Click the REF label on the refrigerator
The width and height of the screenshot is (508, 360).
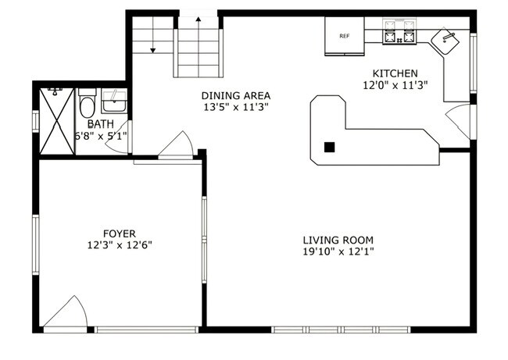coord(345,36)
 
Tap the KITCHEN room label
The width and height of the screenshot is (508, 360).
coord(395,73)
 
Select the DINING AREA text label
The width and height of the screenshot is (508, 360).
coord(236,96)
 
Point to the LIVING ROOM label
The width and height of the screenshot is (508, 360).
coord(338,241)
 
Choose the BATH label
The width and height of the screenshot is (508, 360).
coord(101,124)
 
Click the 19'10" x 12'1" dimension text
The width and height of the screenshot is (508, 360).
coord(338,251)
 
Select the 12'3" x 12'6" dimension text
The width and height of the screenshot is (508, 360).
coord(120,245)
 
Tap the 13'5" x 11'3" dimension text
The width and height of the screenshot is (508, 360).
coord(236,107)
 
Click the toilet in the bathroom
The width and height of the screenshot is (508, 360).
coord(87,104)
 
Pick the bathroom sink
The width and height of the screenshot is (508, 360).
coord(114,102)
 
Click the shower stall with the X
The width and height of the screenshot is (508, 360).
coord(57,122)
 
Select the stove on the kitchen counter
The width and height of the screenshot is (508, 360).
coord(399,32)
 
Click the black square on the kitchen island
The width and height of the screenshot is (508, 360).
coord(330,147)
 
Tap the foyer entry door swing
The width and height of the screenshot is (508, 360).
coord(66,312)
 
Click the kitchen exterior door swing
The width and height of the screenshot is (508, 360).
coord(459,121)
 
